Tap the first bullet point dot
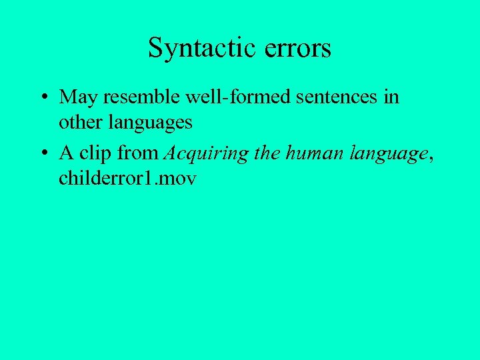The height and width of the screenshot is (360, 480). tap(43, 98)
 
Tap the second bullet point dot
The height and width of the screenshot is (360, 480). tap(43, 154)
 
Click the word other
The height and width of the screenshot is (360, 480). tap(77, 123)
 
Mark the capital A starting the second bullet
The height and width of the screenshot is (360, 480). tap(65, 153)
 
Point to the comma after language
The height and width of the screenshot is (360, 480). tap(431, 159)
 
